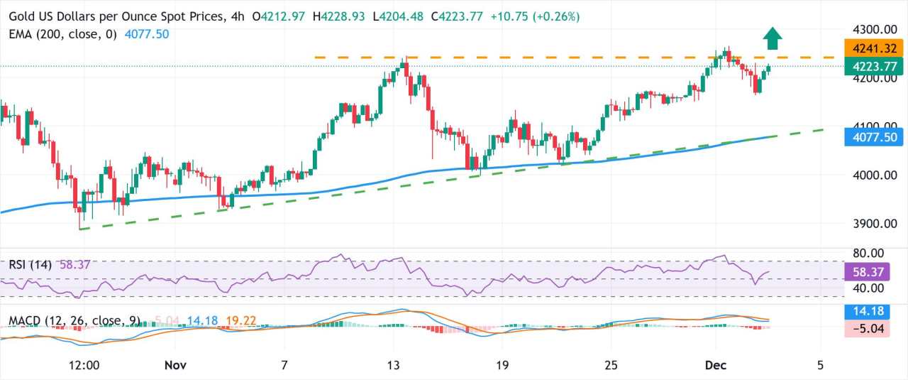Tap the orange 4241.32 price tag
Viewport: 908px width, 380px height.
click(873, 48)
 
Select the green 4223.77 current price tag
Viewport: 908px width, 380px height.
click(873, 66)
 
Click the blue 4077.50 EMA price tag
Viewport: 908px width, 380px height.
click(873, 136)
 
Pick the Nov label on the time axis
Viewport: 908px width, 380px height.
click(175, 365)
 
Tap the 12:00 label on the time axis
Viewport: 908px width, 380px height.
click(84, 365)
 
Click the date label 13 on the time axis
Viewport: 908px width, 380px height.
click(393, 365)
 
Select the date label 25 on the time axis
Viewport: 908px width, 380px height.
click(611, 365)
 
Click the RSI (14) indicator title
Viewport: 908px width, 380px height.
click(30, 265)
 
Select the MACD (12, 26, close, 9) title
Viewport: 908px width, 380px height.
click(74, 321)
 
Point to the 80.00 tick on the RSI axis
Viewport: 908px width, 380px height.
click(867, 254)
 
